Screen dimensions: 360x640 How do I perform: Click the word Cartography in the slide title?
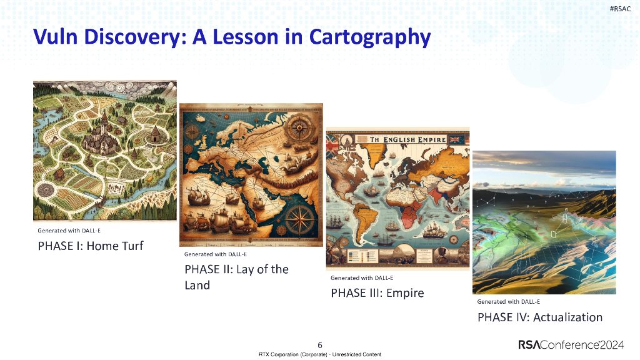tap(369, 37)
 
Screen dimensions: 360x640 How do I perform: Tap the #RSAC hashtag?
tap(619, 8)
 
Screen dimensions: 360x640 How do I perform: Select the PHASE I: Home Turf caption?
tap(91, 246)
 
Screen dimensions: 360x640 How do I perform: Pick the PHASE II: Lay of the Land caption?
tap(236, 277)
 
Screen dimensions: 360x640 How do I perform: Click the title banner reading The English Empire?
tap(397, 140)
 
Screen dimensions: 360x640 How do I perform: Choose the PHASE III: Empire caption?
tap(377, 292)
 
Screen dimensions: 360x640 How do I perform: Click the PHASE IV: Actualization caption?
tap(540, 317)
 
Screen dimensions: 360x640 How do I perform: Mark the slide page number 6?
tap(320, 345)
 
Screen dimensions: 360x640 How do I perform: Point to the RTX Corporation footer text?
tap(320, 354)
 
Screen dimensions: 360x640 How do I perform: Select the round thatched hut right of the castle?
tap(152, 133)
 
